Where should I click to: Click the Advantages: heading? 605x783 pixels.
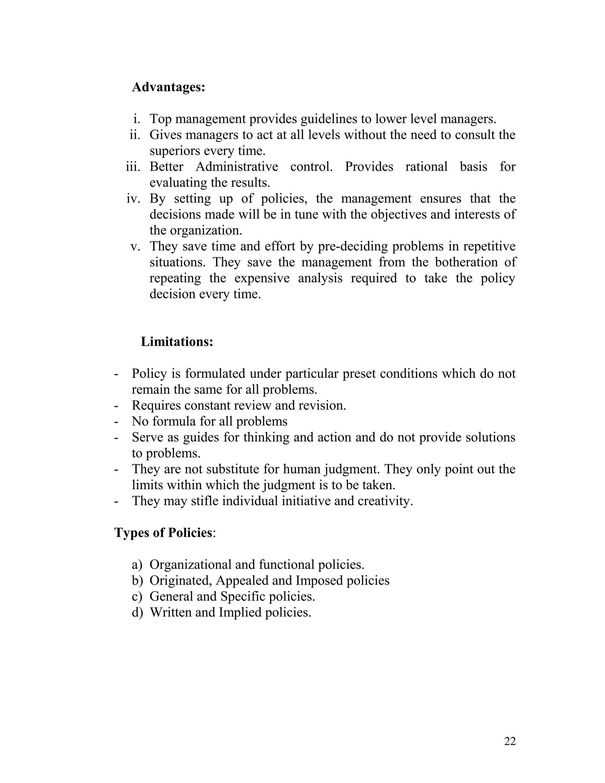click(168, 87)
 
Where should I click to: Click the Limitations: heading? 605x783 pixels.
click(177, 342)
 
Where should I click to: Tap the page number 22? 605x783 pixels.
click(510, 741)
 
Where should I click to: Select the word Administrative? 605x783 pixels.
click(237, 167)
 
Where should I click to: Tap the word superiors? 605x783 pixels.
click(175, 151)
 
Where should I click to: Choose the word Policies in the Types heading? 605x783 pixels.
click(190, 533)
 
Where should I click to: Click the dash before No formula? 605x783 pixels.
click(116, 422)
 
